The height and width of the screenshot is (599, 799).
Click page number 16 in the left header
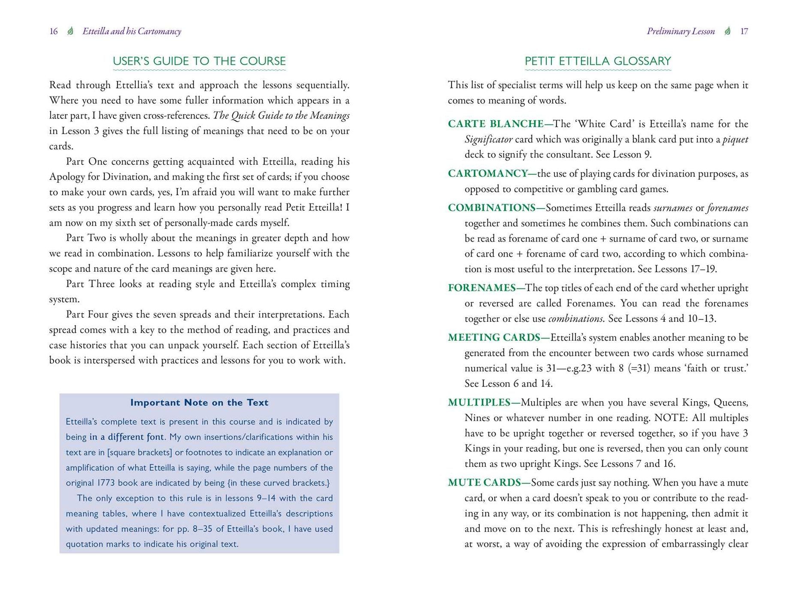coord(54,31)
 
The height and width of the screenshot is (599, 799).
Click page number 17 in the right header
coord(744,31)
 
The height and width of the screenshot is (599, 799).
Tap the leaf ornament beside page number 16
coord(70,31)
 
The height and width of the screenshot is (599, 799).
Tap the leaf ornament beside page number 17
coord(727,31)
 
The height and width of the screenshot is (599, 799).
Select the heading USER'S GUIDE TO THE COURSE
coord(199,61)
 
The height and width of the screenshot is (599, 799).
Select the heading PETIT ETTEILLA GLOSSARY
coord(598,61)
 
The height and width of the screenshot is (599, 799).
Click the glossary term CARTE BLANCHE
coord(496,124)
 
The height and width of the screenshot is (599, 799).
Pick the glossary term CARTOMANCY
coord(488,174)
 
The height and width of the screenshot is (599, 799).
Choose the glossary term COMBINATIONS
coord(491,208)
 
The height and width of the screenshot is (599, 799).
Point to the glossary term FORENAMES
coord(481,288)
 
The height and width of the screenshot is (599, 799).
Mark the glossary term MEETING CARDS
coord(494,338)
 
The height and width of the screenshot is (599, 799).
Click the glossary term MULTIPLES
coord(479,402)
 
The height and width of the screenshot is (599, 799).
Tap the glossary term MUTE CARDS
coord(484,483)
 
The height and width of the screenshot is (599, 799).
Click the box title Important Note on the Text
coord(199,402)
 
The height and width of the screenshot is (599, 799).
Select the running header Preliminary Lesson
coord(681,31)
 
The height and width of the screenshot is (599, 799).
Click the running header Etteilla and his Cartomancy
coord(132,31)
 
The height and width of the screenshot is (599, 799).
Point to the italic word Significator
coord(488,139)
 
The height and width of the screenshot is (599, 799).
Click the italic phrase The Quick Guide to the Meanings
coord(281,116)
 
